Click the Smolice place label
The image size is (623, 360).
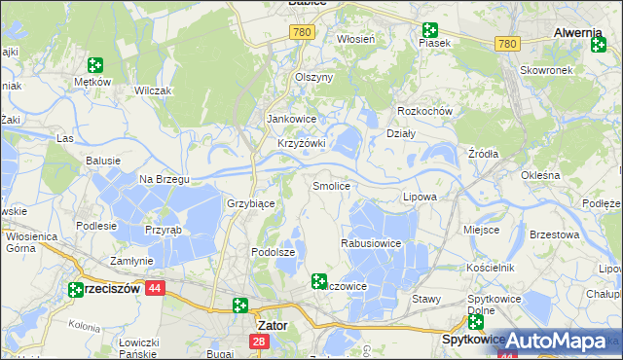pos(331,185)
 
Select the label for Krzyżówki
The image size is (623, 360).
pos(301,143)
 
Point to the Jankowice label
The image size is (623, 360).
pos(292,120)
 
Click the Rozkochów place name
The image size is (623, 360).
pos(426,111)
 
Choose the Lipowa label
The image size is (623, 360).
pos(420,197)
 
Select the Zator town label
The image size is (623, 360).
pos(271,325)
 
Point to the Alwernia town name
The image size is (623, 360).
pos(578,32)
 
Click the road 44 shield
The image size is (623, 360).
pos(155,288)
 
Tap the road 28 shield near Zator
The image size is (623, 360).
pos(258,342)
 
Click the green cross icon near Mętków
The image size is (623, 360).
pos(95,66)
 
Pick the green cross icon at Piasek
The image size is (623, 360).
pos(429,31)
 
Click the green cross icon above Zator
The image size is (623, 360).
pos(240,306)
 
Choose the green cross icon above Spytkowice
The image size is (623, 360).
pos(475,321)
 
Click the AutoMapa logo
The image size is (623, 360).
pos(557,342)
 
